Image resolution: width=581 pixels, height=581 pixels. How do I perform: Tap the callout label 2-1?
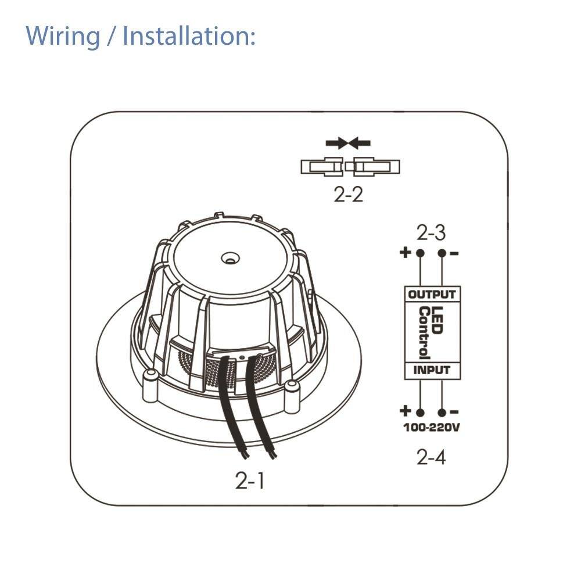pyautogui.click(x=250, y=481)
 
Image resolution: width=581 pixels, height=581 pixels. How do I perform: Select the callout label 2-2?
pyautogui.click(x=349, y=195)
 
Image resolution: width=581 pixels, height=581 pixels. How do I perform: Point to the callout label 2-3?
pyautogui.click(x=431, y=233)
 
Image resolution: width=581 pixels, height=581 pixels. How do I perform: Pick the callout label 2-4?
pyautogui.click(x=431, y=458)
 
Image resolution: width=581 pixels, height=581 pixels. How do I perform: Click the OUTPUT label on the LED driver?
pyautogui.click(x=432, y=295)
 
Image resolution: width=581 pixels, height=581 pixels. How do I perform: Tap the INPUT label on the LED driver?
pyautogui.click(x=432, y=370)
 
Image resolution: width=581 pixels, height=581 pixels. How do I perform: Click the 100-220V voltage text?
pyautogui.click(x=432, y=429)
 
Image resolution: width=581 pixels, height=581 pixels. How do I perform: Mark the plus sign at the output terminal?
pyautogui.click(x=406, y=253)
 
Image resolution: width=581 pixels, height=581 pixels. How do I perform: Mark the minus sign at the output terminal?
pyautogui.click(x=454, y=253)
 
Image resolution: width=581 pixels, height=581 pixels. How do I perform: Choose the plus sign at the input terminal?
pyautogui.click(x=406, y=411)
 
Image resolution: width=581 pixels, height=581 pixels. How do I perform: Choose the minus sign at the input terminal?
pyautogui.click(x=456, y=412)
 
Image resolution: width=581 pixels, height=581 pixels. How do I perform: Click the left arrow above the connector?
pyautogui.click(x=336, y=142)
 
